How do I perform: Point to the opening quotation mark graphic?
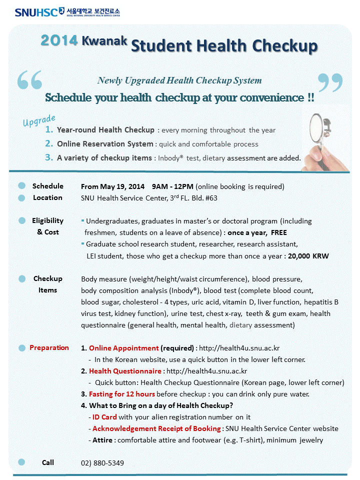29,80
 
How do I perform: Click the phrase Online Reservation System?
105,144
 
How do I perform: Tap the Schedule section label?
48,186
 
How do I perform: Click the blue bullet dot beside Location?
21,198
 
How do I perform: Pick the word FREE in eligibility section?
279,233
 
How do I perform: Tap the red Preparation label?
49,347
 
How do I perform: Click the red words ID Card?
105,417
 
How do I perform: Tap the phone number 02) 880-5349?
102,463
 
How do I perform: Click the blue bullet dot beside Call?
21,462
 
